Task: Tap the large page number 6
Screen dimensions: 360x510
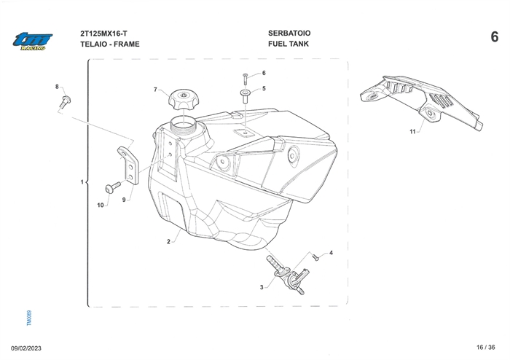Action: tap(495, 36)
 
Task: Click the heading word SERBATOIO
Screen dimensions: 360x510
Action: tap(289, 34)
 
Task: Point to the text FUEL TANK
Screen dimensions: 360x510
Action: tap(288, 44)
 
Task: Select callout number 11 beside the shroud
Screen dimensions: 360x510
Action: tap(412, 132)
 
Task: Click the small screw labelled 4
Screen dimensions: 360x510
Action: tap(315, 257)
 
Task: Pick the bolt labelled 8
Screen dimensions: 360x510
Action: tap(66, 100)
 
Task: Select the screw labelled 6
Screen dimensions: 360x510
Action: tap(246, 76)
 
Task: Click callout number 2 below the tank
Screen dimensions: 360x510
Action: tap(168, 241)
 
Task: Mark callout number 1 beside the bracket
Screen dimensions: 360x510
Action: tap(82, 181)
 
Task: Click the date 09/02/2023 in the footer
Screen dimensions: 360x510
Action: tap(28, 348)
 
